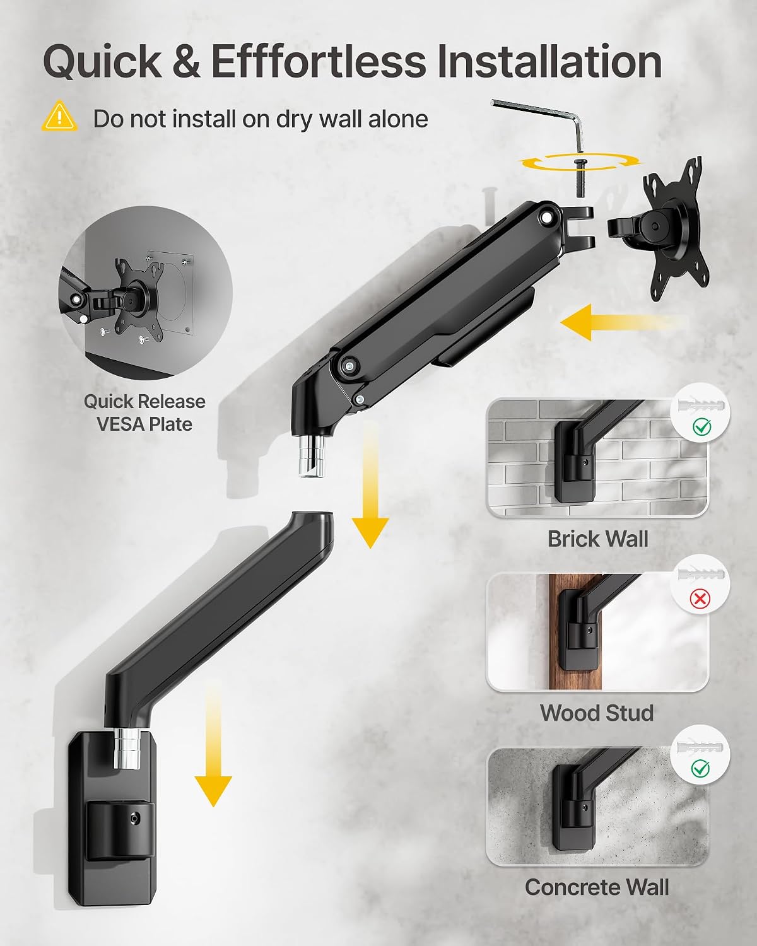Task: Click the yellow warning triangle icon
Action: tap(59, 116)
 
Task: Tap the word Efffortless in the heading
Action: tap(319, 61)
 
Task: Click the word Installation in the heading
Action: tap(549, 61)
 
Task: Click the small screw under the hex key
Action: tap(580, 178)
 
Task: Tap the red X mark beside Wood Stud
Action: tap(700, 599)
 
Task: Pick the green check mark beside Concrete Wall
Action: tap(700, 768)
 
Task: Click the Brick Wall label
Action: tap(598, 539)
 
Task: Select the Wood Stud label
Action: tap(597, 713)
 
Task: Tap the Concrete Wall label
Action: tap(597, 887)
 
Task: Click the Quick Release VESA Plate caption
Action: tap(144, 413)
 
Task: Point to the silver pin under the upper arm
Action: tap(312, 455)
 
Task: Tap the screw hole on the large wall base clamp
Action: tap(136, 818)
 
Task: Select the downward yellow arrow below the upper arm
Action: tap(370, 484)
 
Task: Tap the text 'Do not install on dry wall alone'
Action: tap(261, 119)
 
